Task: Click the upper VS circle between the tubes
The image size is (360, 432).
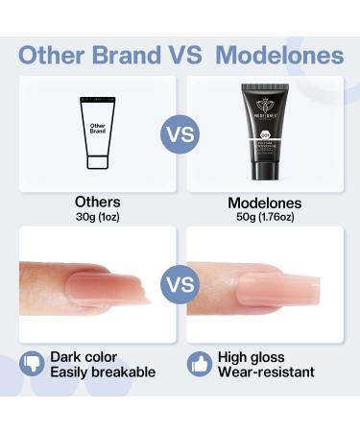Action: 180,133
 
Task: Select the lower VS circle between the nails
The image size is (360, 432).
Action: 180,283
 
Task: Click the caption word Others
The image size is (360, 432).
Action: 98,204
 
